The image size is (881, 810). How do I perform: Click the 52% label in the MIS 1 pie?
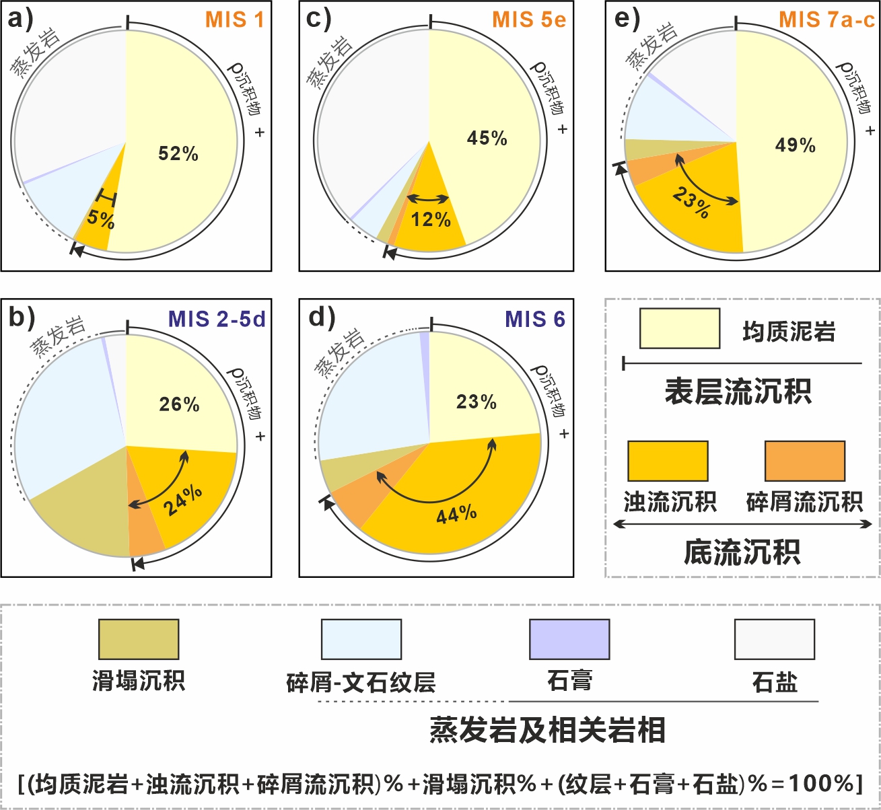[178, 153]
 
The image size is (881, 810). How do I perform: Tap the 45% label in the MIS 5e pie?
[487, 139]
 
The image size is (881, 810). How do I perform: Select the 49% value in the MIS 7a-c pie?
[796, 145]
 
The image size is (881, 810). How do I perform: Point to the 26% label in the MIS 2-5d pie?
[179, 404]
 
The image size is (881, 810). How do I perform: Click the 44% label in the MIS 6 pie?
[457, 514]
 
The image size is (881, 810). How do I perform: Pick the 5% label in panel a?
[101, 219]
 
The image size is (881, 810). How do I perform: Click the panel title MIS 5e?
[529, 20]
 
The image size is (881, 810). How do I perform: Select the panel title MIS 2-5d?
[217, 319]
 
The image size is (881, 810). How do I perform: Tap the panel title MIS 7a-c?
[827, 20]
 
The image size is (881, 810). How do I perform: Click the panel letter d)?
[322, 318]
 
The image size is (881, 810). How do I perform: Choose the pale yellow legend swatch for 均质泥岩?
[679, 328]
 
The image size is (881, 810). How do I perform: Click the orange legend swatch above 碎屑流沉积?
[805, 461]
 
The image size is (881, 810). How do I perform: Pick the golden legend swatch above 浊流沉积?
[668, 461]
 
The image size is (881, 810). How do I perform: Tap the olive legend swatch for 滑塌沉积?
[139, 639]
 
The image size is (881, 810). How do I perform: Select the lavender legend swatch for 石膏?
[569, 639]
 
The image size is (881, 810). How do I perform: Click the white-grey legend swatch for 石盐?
[775, 639]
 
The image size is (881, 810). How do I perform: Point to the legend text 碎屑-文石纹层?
[361, 682]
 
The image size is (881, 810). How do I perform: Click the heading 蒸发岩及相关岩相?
[547, 730]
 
